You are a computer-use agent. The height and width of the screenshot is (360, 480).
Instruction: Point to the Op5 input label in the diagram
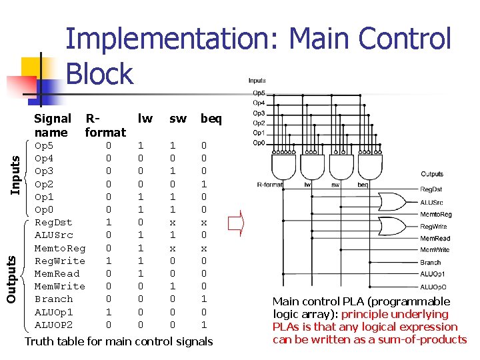(259, 93)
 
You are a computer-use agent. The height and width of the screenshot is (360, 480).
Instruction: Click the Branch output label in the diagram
(430, 262)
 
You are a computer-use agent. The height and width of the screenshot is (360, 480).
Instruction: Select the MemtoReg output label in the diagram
(435, 214)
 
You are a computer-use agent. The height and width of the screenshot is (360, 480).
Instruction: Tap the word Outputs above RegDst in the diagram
(432, 174)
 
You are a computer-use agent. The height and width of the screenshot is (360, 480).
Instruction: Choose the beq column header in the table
(211, 119)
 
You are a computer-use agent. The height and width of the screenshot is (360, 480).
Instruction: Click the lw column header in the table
(145, 119)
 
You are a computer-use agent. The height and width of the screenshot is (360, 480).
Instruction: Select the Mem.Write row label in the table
(59, 287)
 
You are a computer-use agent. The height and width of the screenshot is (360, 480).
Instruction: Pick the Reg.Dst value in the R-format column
(109, 222)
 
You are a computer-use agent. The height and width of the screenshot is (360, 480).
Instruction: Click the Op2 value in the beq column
(204, 184)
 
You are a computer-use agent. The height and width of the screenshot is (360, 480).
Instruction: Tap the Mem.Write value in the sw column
(173, 287)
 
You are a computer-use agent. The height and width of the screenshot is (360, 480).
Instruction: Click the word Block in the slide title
(100, 73)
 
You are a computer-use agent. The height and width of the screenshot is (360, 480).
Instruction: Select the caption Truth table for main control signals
(119, 341)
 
